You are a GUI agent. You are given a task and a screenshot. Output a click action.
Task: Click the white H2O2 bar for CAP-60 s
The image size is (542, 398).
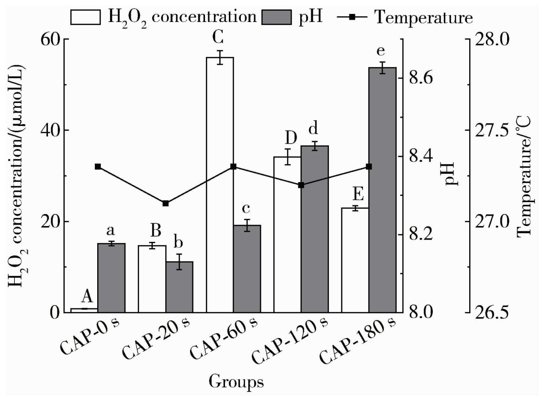click(x=220, y=184)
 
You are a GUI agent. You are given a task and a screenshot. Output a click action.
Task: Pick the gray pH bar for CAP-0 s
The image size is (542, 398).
click(x=111, y=278)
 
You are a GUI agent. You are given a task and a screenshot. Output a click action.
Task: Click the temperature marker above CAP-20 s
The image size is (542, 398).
click(x=166, y=204)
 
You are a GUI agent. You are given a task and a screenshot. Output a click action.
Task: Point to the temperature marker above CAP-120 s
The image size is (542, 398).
click(x=301, y=185)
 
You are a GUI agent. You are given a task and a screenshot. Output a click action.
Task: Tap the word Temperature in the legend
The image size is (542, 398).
click(x=424, y=17)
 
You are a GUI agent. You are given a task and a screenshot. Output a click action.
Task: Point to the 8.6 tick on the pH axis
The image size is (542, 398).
click(x=421, y=78)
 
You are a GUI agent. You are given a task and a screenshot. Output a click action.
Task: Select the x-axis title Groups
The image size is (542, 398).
click(x=237, y=382)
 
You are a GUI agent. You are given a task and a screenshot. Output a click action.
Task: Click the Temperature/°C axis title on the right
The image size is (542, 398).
click(x=526, y=175)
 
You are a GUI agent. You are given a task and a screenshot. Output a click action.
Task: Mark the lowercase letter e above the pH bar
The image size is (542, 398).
click(x=382, y=52)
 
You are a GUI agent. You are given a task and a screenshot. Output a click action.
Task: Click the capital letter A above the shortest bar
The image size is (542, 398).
click(x=87, y=297)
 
